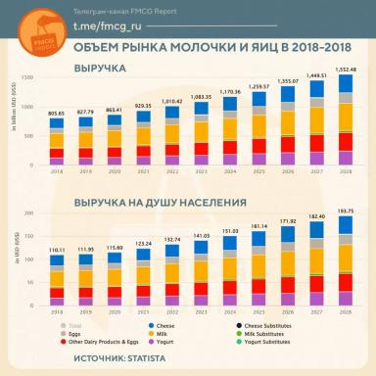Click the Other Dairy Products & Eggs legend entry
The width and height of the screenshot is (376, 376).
click(99, 341)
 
